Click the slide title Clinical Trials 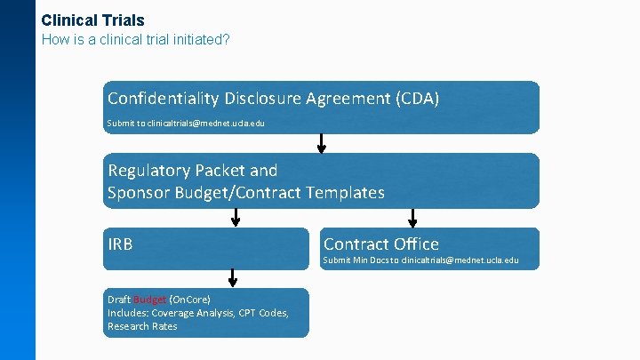pos(92,20)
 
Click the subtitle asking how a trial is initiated pos(136,40)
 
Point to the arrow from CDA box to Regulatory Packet pos(321,142)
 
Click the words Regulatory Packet pos(192,170)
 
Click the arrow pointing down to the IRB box pos(236,217)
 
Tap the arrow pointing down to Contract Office pos(412,217)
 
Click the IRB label pos(120,244)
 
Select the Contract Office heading pos(380,244)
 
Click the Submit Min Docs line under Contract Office pos(420,260)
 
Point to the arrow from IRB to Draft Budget pos(233,277)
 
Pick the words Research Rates pos(142,326)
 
